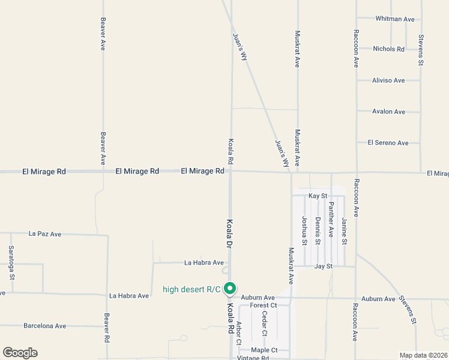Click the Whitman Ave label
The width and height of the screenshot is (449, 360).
395,19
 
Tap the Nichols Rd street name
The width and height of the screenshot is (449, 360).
388,49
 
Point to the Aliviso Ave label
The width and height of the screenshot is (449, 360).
388,80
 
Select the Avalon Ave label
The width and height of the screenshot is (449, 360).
388,112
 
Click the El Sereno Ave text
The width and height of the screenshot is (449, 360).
388,143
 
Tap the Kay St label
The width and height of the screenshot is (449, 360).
318,196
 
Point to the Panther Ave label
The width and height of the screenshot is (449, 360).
331,220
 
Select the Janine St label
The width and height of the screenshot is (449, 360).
344,232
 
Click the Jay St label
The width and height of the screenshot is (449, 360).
323,266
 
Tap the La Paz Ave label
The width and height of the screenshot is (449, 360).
46,233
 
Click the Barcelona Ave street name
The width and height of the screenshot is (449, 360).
44,326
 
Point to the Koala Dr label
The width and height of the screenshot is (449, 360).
229,233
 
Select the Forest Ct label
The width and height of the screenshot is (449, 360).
264,305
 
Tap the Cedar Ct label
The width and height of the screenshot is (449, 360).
264,324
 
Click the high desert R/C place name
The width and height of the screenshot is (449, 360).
191,290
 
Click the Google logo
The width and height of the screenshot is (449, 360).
20,353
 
